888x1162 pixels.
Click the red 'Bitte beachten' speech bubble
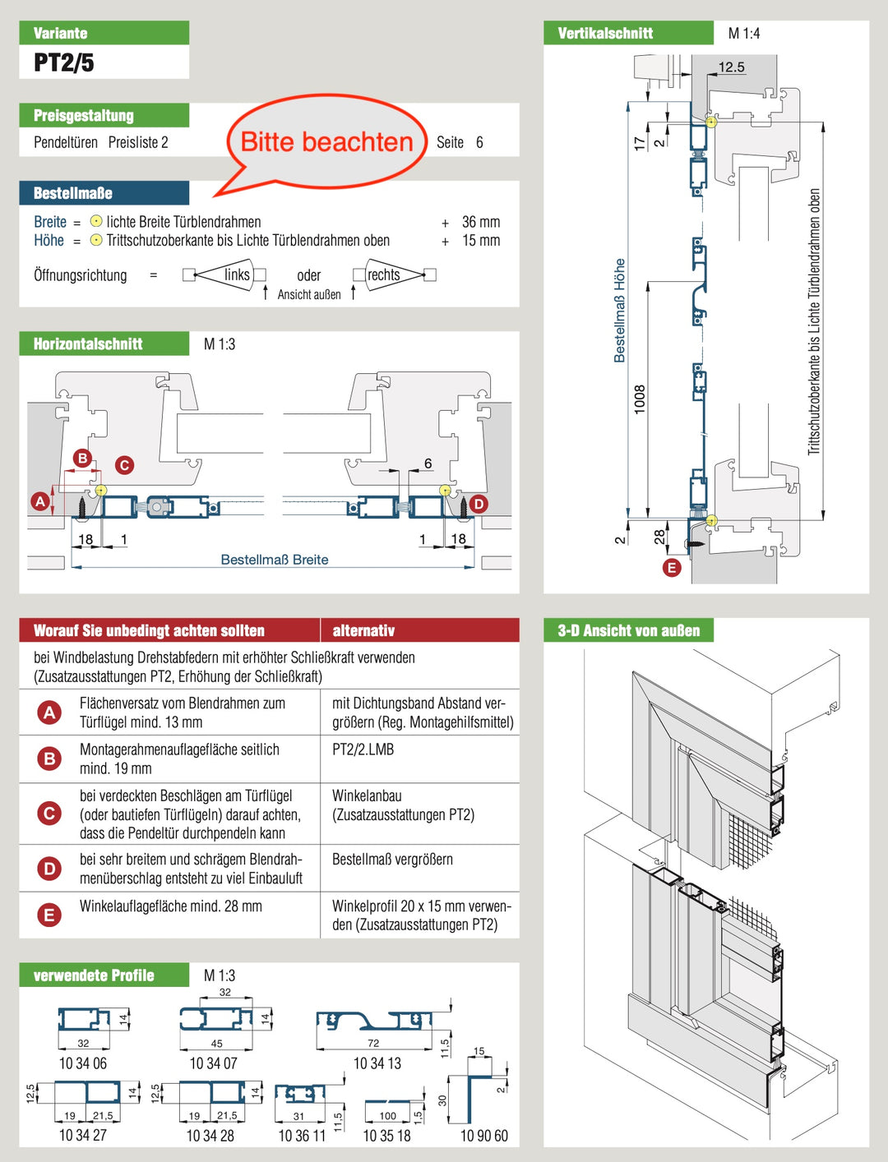[x=326, y=142]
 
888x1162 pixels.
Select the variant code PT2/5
[x=64, y=62]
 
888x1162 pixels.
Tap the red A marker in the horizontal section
[x=39, y=500]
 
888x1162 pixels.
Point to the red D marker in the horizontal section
[x=478, y=503]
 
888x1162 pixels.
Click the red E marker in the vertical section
[x=672, y=567]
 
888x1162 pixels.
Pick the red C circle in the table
[x=49, y=814]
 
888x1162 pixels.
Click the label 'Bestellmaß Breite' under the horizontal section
[x=275, y=560]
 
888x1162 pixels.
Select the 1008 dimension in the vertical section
[x=640, y=399]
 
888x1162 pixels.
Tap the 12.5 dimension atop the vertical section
[x=731, y=67]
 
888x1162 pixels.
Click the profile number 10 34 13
[x=377, y=1063]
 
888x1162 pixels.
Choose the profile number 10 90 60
[x=483, y=1136]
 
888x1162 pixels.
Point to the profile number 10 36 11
[x=302, y=1136]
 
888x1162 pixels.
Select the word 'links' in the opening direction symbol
[x=237, y=274]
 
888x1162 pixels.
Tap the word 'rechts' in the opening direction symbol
[x=384, y=274]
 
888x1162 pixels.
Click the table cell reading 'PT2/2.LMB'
[x=363, y=749]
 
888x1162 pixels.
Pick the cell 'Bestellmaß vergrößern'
[x=392, y=860]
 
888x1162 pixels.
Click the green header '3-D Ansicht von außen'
[x=629, y=630]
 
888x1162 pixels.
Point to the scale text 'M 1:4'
[x=744, y=34]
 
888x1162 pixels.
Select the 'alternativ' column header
[x=363, y=630]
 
